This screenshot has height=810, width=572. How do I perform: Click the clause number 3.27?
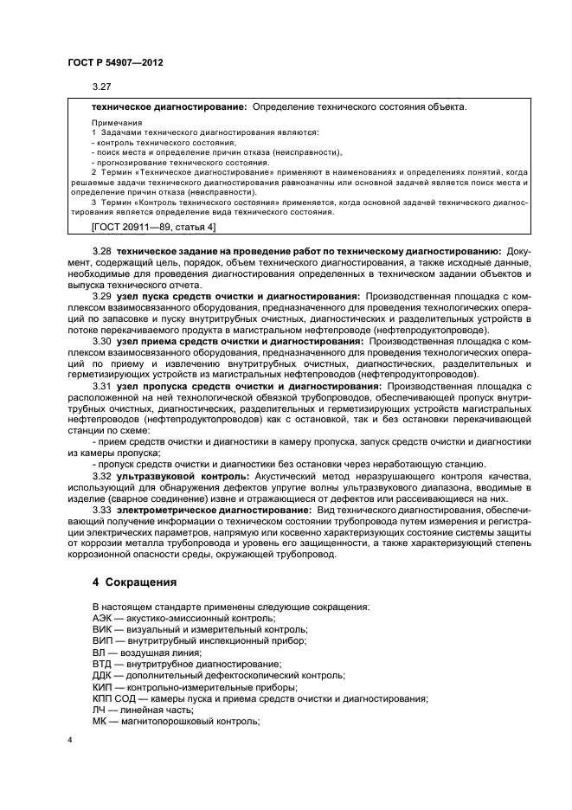click(x=101, y=87)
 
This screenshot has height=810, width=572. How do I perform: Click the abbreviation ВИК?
click(x=102, y=629)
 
